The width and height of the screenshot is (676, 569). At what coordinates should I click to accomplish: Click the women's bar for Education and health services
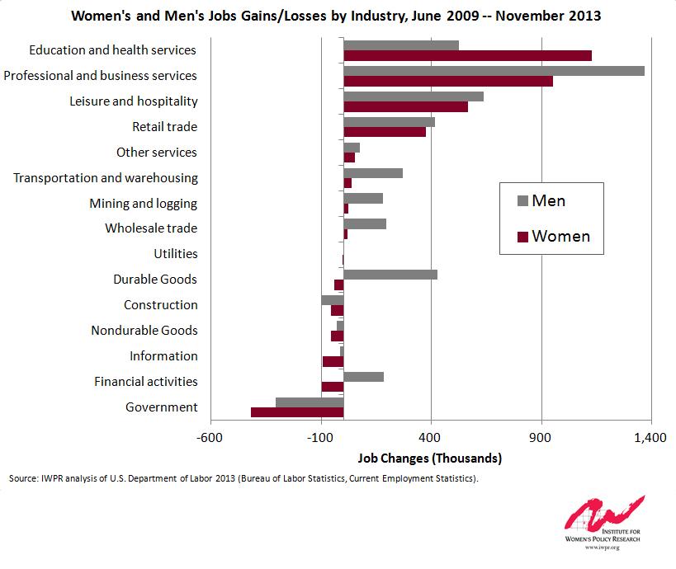(x=467, y=55)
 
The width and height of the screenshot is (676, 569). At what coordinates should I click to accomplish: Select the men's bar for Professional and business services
(x=494, y=71)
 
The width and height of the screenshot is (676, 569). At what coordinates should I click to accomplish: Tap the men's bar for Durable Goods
(x=390, y=275)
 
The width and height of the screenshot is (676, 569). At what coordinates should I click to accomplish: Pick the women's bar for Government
(x=297, y=412)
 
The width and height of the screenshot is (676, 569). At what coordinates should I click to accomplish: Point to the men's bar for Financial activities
(x=363, y=377)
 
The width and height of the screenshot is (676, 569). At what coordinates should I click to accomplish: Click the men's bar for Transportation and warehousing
(x=372, y=173)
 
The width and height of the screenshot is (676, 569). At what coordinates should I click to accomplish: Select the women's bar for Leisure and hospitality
(x=405, y=106)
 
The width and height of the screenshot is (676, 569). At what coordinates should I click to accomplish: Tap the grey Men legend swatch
(x=521, y=200)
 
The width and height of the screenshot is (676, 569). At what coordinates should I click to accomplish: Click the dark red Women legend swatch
(x=521, y=237)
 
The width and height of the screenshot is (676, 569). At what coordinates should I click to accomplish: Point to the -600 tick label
(x=210, y=437)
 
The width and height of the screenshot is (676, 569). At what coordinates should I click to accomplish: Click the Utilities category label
(x=176, y=254)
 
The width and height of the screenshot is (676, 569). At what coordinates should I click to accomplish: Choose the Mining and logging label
(x=143, y=203)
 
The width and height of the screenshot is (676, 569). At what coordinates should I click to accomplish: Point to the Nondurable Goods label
(x=144, y=331)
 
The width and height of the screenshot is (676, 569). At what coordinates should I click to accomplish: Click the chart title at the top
(x=336, y=16)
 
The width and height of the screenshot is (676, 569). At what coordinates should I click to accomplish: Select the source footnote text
(x=243, y=478)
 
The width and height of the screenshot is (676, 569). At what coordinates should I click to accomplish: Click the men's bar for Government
(x=310, y=402)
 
